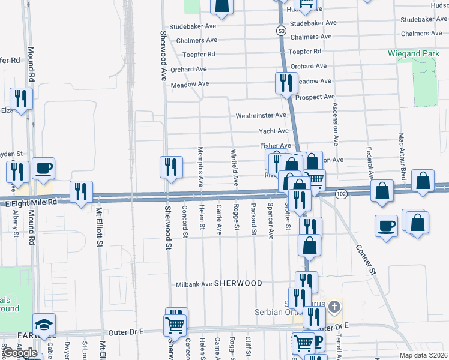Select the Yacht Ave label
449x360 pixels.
(273, 131)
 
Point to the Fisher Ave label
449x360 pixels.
(275, 146)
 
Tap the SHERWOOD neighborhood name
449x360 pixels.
(238, 283)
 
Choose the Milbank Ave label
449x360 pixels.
(194, 284)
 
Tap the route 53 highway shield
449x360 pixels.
(280, 30)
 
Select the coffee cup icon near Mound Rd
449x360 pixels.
(44, 168)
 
